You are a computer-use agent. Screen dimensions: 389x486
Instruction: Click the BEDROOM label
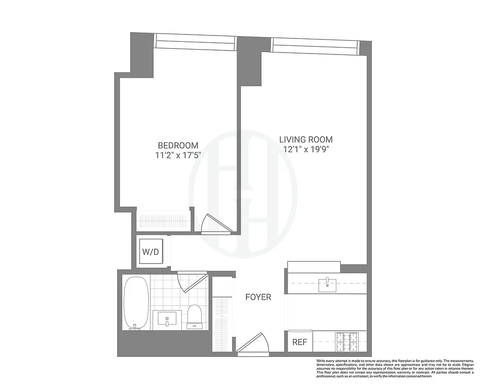coord(178,145)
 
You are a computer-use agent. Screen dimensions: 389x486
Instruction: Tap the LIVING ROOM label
coord(306,140)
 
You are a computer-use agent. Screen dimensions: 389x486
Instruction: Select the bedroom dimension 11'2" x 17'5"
coord(178,156)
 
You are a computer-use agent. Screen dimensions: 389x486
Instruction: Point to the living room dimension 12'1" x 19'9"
coord(306,150)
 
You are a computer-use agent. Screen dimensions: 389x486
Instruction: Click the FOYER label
coord(258,297)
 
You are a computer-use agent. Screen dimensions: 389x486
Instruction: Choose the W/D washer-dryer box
coord(150,252)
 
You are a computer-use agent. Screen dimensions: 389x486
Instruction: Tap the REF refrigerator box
coord(300,342)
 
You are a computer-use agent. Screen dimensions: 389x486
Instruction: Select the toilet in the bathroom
coord(194,316)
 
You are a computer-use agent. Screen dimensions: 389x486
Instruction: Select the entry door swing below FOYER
coord(252,343)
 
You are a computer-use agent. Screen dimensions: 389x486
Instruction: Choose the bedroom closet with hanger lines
coord(163,220)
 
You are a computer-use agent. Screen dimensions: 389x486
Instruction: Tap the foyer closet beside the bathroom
coord(223,316)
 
